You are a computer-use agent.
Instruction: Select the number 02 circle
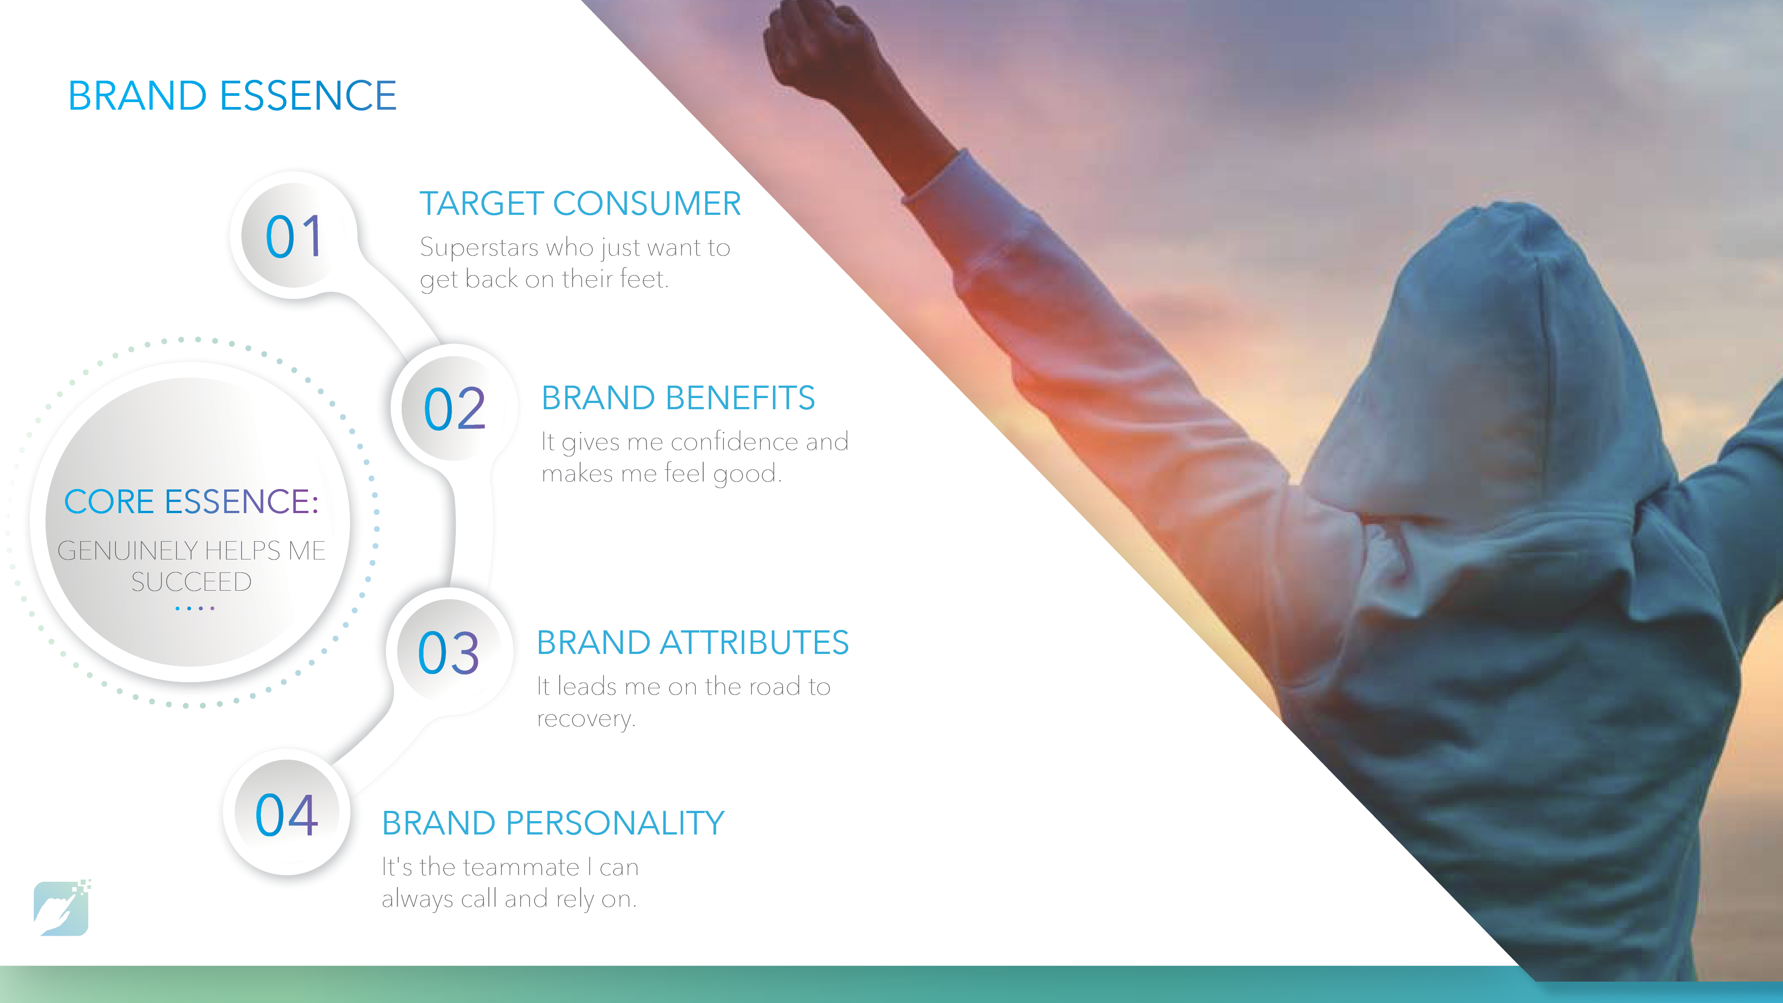coord(454,408)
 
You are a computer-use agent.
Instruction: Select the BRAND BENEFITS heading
coord(678,398)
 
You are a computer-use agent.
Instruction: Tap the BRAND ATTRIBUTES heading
coord(693,642)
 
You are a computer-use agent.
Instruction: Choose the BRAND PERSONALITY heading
coord(553,823)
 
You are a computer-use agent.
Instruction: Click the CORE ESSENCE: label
coord(191,501)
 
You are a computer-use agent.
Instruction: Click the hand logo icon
coord(62,908)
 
